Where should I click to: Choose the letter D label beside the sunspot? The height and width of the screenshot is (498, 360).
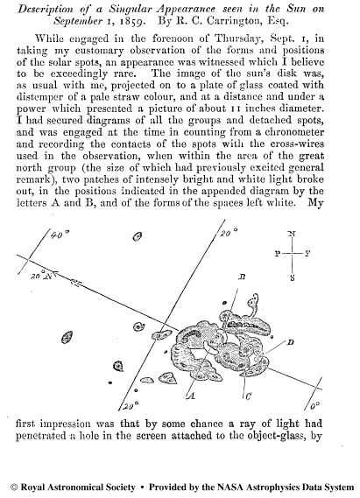291,339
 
